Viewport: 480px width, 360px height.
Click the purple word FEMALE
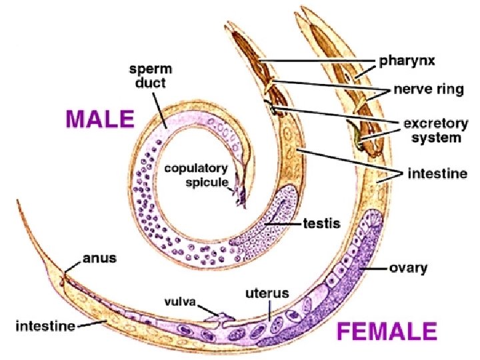tap(387, 331)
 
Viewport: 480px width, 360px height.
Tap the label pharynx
tap(407, 61)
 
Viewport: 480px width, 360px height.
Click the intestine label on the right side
tap(437, 174)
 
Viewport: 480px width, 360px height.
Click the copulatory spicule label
tap(197, 175)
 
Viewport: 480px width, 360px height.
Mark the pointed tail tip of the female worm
tap(18, 200)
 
